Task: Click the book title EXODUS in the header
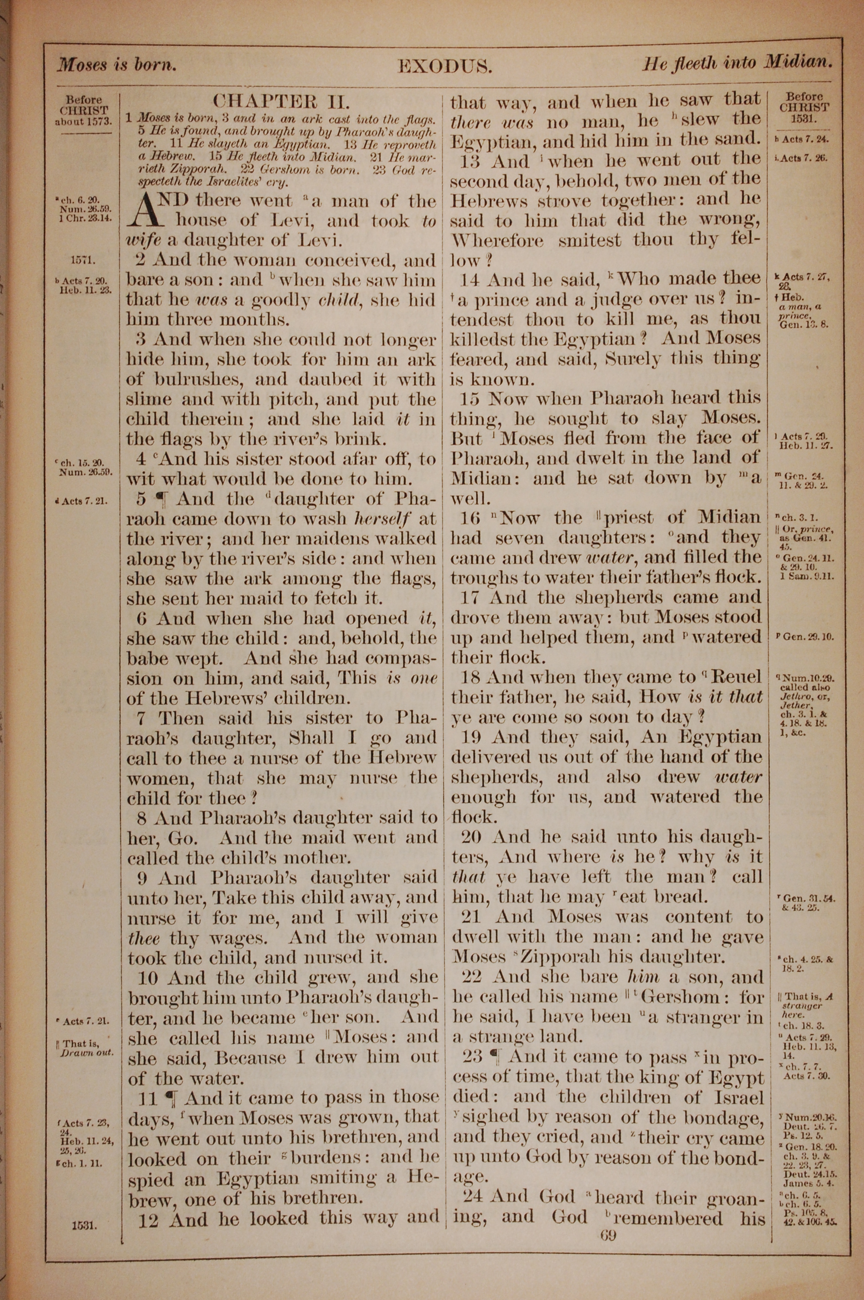point(444,67)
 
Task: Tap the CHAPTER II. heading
point(282,102)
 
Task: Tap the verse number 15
point(470,399)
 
